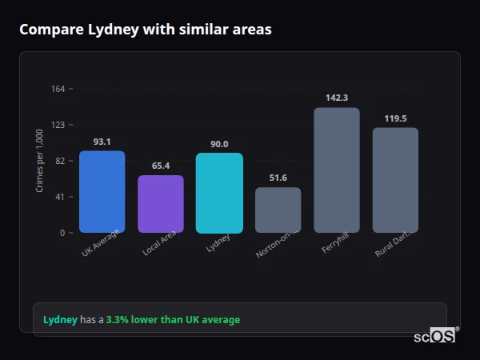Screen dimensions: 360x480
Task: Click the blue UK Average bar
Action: click(102, 192)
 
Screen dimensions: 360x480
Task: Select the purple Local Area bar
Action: click(161, 204)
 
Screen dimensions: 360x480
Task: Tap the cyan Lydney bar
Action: click(219, 193)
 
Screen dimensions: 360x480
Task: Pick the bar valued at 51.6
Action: click(278, 210)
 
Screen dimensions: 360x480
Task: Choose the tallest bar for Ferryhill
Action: click(337, 170)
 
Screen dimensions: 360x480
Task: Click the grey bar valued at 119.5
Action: click(395, 180)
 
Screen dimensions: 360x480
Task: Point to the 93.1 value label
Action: click(102, 142)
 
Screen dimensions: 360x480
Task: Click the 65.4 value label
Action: click(161, 166)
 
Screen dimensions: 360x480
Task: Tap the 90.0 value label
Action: click(219, 144)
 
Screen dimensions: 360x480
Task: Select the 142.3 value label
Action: click(337, 98)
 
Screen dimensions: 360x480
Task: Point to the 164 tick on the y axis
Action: click(58, 89)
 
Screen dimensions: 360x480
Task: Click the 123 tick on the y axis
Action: click(58, 125)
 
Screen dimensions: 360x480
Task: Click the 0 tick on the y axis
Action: click(62, 233)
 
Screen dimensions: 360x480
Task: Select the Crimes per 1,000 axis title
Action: click(40, 161)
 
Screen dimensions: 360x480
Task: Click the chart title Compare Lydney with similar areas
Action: click(145, 30)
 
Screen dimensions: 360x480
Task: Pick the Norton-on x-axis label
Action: click(276, 246)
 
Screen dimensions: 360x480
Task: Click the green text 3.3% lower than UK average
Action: click(173, 320)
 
